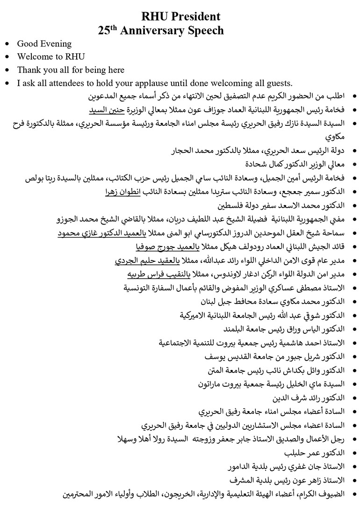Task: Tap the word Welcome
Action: click(x=34, y=57)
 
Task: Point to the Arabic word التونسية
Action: click(x=142, y=288)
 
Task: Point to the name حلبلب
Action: click(x=298, y=454)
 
